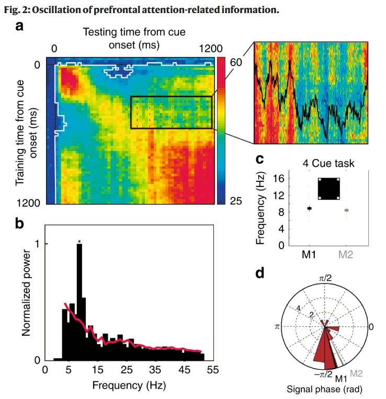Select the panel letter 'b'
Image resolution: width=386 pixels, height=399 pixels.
(20, 224)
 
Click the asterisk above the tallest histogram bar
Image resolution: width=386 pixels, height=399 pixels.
(79, 242)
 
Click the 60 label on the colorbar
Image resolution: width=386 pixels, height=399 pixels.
(236, 62)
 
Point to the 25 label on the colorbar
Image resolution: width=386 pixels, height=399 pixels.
(236, 201)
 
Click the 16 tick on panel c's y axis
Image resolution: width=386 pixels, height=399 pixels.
(279, 178)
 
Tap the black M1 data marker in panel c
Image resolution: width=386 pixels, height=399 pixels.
(309, 208)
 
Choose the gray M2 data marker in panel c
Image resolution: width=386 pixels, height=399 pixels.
(346, 210)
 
